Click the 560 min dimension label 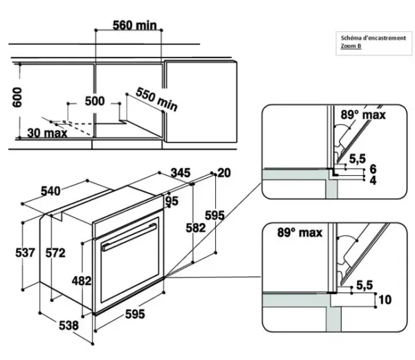click(136, 26)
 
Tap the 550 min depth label click(156, 98)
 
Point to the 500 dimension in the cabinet click(95, 101)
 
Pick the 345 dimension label click(181, 172)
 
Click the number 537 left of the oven click(25, 253)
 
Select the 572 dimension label click(55, 253)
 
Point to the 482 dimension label click(83, 281)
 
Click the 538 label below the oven click(68, 325)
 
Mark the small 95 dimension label click(172, 201)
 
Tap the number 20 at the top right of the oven click(223, 172)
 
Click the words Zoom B click(351, 46)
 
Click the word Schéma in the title click(351, 37)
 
